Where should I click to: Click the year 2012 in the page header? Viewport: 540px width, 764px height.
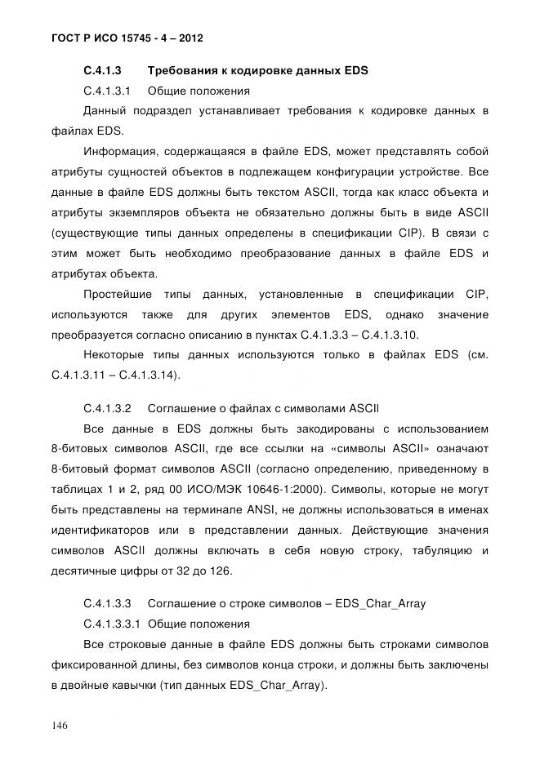click(187, 38)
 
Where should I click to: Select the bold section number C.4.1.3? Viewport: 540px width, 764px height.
click(103, 70)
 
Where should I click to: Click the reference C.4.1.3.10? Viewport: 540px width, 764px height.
click(414, 335)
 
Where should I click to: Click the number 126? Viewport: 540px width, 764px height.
click(221, 570)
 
